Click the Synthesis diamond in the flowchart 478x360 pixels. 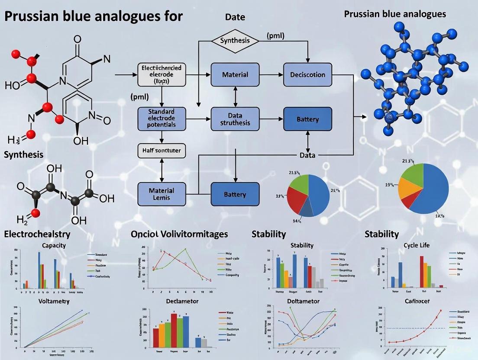coord(235,41)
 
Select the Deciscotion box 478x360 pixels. coord(307,74)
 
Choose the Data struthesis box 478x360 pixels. coord(235,119)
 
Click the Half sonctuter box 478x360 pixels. coord(161,151)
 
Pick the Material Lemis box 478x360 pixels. coord(161,194)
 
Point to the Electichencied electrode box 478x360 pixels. coord(161,74)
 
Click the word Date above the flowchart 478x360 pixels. coord(235,17)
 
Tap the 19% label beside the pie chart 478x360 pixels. coord(391,185)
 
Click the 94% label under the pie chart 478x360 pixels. coord(297,221)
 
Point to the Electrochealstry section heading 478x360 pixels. coord(37,234)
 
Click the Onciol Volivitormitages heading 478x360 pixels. coord(179,234)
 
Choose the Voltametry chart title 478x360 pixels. coord(54,301)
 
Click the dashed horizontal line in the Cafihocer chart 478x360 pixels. coord(416,328)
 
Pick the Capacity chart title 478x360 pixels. coord(54,245)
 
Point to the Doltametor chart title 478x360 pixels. coord(303,301)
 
